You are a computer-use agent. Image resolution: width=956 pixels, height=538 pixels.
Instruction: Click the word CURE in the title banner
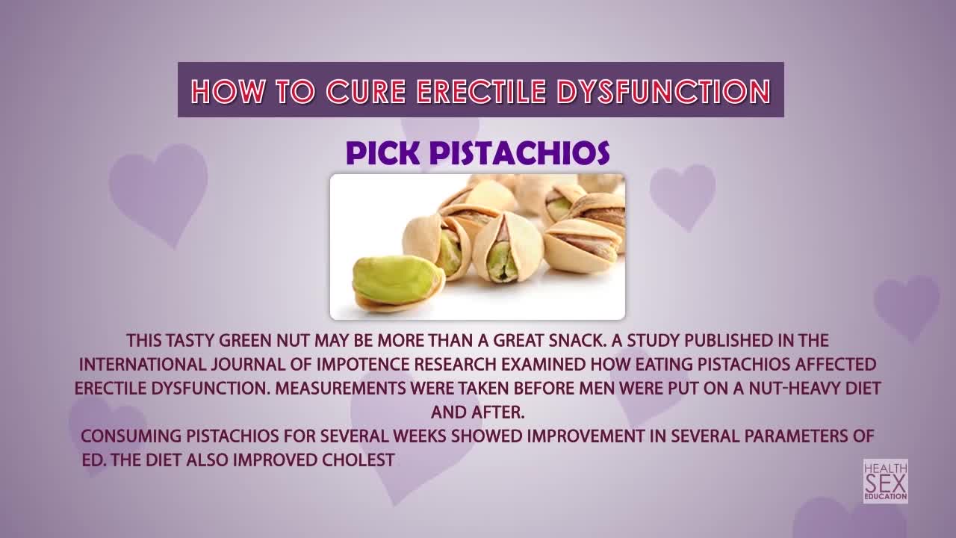pyautogui.click(x=365, y=91)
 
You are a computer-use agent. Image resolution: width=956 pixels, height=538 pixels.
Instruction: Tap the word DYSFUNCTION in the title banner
pyautogui.click(x=664, y=91)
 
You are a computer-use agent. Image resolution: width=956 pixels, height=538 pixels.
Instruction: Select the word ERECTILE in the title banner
pyautogui.click(x=481, y=91)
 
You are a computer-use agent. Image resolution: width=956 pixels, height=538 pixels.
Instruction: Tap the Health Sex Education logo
pyautogui.click(x=886, y=481)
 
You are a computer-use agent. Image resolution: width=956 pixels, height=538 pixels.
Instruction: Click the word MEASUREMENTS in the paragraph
pyautogui.click(x=340, y=389)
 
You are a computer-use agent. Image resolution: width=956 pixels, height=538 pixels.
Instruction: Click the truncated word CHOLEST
pyautogui.click(x=358, y=460)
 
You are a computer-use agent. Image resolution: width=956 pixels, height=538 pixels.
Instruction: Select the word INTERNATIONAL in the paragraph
pyautogui.click(x=143, y=365)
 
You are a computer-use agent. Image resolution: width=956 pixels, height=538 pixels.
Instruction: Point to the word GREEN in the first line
pyautogui.click(x=246, y=341)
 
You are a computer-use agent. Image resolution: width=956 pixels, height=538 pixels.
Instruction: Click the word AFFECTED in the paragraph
pyautogui.click(x=836, y=365)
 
